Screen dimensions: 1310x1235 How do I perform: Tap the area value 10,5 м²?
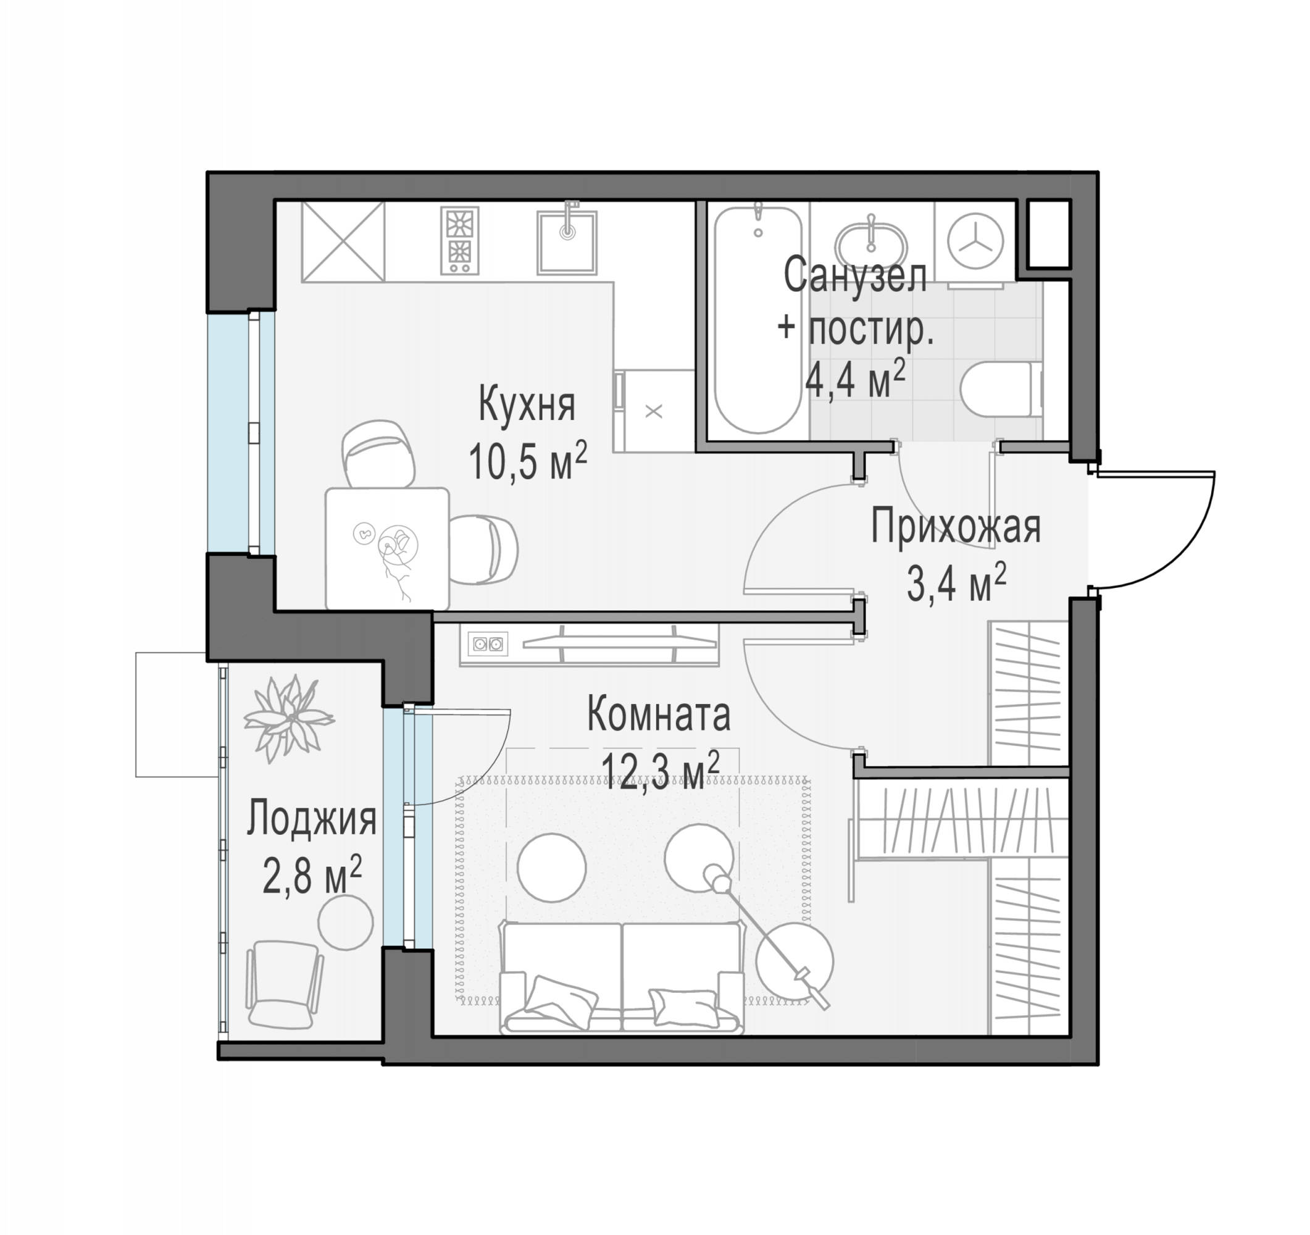[528, 460]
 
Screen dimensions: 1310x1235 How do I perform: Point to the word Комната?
[658, 714]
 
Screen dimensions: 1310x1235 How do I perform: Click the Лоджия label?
[312, 820]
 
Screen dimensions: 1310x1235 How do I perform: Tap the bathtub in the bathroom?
[758, 320]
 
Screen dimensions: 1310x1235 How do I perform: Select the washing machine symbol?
[975, 243]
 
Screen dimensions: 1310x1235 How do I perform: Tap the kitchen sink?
[567, 242]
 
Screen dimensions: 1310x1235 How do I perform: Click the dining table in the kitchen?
[388, 548]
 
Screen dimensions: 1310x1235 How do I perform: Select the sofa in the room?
[622, 978]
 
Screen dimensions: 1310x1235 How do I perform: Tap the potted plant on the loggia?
[288, 718]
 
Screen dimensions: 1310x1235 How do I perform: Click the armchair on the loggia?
[284, 984]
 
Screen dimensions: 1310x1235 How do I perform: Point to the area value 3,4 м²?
[956, 584]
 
